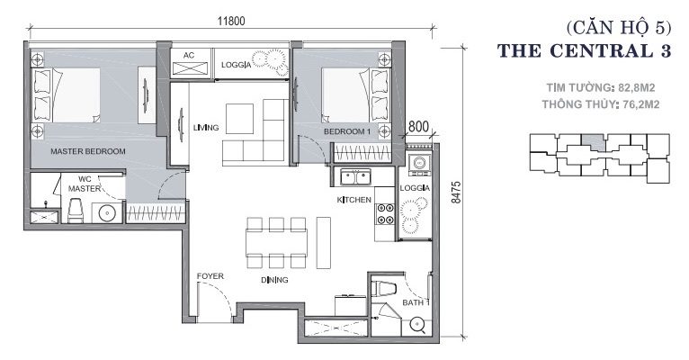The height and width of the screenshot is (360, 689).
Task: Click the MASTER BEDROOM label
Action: point(88,151)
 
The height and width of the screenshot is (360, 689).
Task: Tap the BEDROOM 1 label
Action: point(347,131)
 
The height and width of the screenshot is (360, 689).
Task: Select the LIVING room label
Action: point(206,128)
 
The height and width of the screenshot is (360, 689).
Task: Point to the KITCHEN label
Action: point(354,200)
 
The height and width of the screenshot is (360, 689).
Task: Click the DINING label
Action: point(274,280)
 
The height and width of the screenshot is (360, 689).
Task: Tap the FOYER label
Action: point(210,276)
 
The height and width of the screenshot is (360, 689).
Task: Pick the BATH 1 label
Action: point(416,302)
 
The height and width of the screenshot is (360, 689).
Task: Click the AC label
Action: point(189,56)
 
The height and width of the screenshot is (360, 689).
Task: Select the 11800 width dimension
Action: point(231,21)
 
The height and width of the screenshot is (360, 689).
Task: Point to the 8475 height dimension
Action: point(457,192)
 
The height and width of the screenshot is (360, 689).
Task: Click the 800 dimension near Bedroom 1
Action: point(418,127)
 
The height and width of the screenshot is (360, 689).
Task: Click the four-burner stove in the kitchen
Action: point(385,213)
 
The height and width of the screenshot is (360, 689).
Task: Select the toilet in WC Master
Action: point(76,210)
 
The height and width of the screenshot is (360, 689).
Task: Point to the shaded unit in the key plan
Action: point(594,143)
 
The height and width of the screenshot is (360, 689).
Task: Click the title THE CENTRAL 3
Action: point(585,51)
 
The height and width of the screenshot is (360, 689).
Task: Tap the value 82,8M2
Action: point(636,88)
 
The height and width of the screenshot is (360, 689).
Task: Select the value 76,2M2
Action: point(641,104)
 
